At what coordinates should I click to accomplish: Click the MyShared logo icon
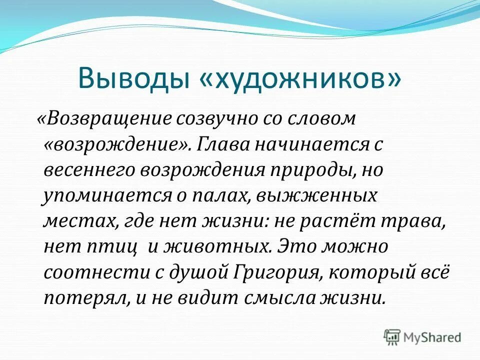(392, 336)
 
